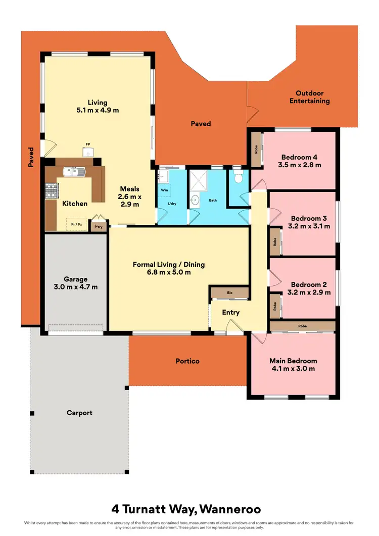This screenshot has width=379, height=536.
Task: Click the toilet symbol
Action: point(239,178)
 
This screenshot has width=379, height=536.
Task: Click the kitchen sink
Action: point(74,172)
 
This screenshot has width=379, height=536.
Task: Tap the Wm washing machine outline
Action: point(165,190)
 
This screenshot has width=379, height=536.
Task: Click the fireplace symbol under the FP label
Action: point(87,152)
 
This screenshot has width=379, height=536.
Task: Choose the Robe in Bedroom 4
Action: point(256,150)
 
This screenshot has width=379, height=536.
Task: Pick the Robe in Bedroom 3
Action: point(275,242)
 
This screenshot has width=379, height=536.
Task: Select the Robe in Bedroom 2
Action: point(275,305)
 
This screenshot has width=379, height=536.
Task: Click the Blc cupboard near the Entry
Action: point(229,293)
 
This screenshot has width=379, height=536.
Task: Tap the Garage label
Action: point(76,279)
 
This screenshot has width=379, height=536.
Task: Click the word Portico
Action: point(187,361)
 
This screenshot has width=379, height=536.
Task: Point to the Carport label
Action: point(79,413)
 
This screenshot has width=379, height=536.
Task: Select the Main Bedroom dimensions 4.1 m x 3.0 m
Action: point(293,368)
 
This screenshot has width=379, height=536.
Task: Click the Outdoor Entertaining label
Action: point(309,97)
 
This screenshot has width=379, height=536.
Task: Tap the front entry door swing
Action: point(234,329)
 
